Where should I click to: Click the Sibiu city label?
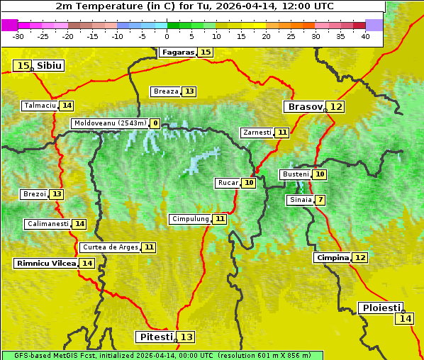tap(50, 66)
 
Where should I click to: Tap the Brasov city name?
tap(305, 107)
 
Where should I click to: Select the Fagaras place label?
tap(177, 52)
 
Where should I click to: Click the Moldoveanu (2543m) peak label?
tap(110, 123)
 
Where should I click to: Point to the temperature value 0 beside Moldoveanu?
tap(155, 123)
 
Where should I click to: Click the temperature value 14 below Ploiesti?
tap(404, 319)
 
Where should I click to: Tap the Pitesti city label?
tap(155, 337)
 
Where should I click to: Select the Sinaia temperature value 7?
tap(320, 200)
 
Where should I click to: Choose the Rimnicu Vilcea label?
tap(45, 263)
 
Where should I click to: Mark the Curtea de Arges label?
tap(109, 247)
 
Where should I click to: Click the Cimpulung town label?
tap(190, 219)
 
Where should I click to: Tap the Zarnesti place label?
tap(257, 133)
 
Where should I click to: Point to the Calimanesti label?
tap(48, 224)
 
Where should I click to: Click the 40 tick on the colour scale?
tap(365, 36)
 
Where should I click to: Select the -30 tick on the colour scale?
tap(18, 36)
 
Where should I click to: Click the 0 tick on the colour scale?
tap(167, 36)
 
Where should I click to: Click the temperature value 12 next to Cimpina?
tap(360, 258)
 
